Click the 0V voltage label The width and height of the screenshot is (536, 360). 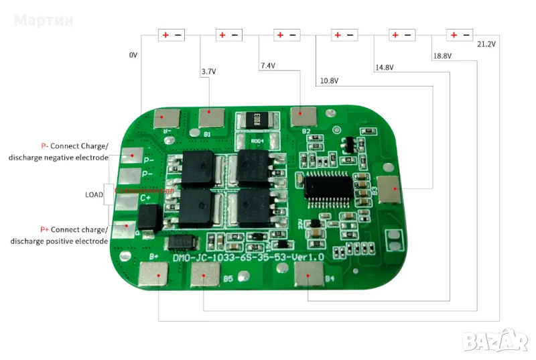[133, 55]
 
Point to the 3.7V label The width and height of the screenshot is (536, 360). [208, 70]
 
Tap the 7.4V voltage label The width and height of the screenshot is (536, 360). [268, 66]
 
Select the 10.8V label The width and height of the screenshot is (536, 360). [329, 81]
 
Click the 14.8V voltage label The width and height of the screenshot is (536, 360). [384, 67]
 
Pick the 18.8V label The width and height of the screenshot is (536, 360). [442, 56]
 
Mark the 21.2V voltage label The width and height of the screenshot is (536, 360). [486, 44]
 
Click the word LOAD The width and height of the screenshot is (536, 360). [94, 195]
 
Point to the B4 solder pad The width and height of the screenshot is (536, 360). [310, 273]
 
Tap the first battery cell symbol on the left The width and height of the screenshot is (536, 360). [171, 35]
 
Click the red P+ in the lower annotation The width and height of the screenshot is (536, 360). [45, 229]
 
